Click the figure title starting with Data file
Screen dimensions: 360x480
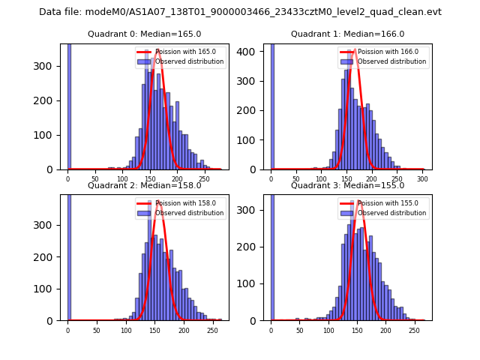pos(240,12)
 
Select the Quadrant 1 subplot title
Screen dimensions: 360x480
pos(347,34)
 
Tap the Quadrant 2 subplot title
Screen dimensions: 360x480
pos(144,185)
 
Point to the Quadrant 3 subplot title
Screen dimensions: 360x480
pos(347,185)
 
